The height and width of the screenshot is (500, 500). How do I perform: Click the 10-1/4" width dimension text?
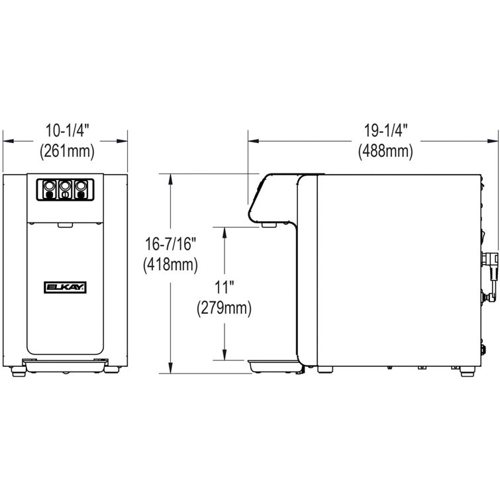pos(65,131)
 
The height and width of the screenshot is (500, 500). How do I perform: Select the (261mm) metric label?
pos(65,151)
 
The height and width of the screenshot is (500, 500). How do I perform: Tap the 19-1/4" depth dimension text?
pos(385,131)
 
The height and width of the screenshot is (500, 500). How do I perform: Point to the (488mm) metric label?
pos(385,151)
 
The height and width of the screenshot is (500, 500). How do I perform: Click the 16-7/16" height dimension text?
pos(171,245)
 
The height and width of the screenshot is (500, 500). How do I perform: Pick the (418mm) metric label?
pos(171,265)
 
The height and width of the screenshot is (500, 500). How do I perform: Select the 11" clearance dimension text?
pos(226,287)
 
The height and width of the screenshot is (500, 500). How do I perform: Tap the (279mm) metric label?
pos(226,308)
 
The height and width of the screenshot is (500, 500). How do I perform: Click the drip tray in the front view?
pos(64,362)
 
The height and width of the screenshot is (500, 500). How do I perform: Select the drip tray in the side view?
pos(272,364)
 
